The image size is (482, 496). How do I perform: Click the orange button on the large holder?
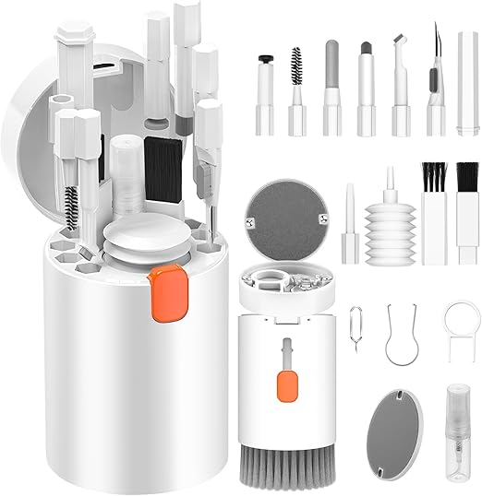(x=167, y=279)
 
